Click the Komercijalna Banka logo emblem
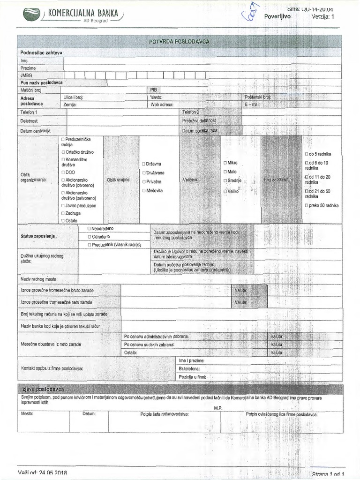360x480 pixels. pyautogui.click(x=31, y=15)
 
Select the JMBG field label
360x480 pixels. pyautogui.click(x=27, y=75)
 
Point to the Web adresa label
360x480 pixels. pyautogui.click(x=162, y=105)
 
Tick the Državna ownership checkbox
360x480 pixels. pyautogui.click(x=144, y=164)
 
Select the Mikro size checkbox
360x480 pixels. pyautogui.click(x=225, y=162)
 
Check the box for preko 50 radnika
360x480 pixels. pyautogui.click(x=306, y=205)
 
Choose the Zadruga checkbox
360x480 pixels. pyautogui.click(x=63, y=213)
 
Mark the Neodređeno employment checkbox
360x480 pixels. pyautogui.click(x=89, y=228)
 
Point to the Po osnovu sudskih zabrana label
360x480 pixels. pyautogui.click(x=149, y=344)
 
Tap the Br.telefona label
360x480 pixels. pyautogui.click(x=189, y=369)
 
